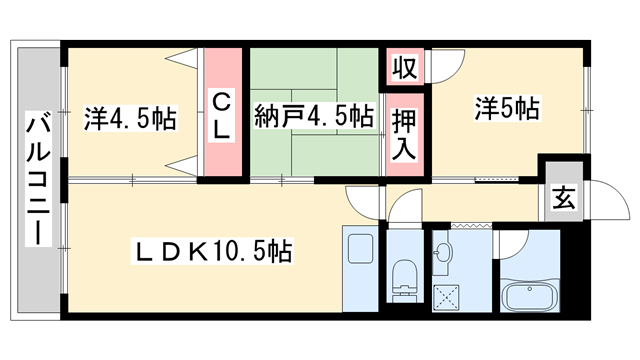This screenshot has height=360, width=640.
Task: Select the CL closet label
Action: [223, 114]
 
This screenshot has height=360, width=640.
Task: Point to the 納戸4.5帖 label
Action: [313, 115]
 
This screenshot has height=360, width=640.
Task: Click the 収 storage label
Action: [403, 69]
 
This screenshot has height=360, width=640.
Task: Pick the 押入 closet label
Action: [404, 131]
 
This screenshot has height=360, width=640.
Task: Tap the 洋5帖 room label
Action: [507, 107]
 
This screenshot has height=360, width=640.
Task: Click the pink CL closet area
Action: [223, 140]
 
